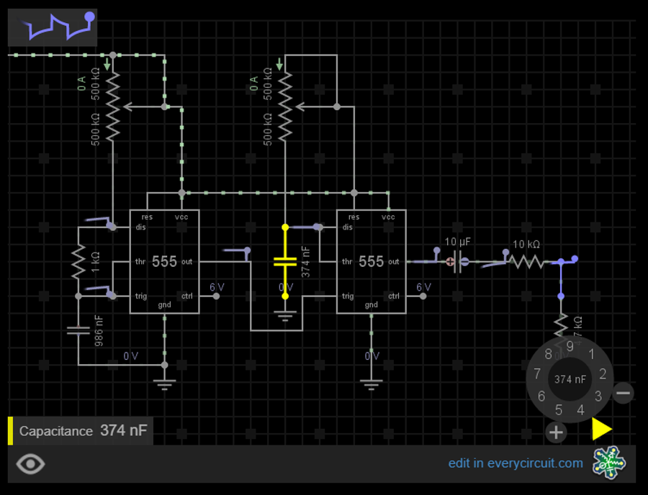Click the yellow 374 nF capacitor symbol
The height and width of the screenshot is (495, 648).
pos(285,261)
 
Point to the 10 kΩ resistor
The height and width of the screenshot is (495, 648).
pos(526,262)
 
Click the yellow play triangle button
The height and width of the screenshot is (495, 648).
pos(601,429)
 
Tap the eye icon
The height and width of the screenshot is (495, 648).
pos(30,464)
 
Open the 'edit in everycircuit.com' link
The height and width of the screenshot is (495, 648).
pos(516,463)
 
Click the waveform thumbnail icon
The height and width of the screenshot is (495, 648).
pos(53,27)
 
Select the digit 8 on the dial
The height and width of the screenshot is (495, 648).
pos(549,354)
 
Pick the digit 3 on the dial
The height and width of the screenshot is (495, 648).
pos(598,396)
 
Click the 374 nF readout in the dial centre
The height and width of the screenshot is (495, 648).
pos(570,378)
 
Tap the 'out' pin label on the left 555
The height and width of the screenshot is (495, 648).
pos(187,262)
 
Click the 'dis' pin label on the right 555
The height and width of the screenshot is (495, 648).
pos(348,227)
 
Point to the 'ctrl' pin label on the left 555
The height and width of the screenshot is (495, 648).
pos(187,296)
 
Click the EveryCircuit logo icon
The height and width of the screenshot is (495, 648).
pos(609,463)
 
